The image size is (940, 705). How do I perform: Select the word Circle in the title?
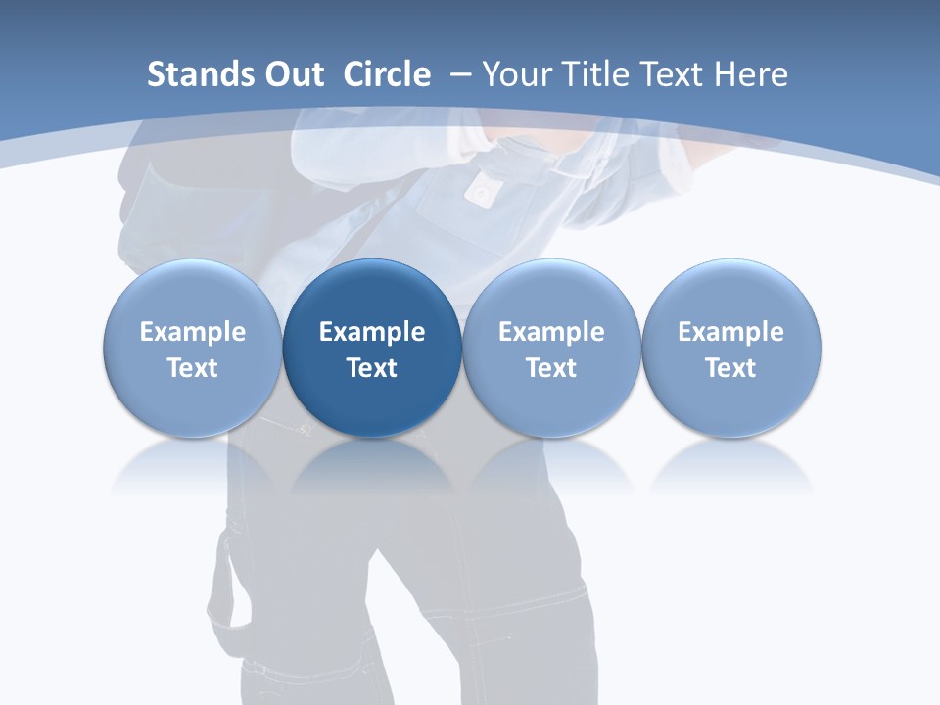[387, 74]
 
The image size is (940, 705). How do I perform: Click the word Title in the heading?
[594, 74]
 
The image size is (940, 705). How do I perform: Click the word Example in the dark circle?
[372, 332]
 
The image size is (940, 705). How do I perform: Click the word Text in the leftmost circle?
[192, 368]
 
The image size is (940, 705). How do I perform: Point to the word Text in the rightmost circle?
[731, 368]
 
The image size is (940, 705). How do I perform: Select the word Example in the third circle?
[551, 332]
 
